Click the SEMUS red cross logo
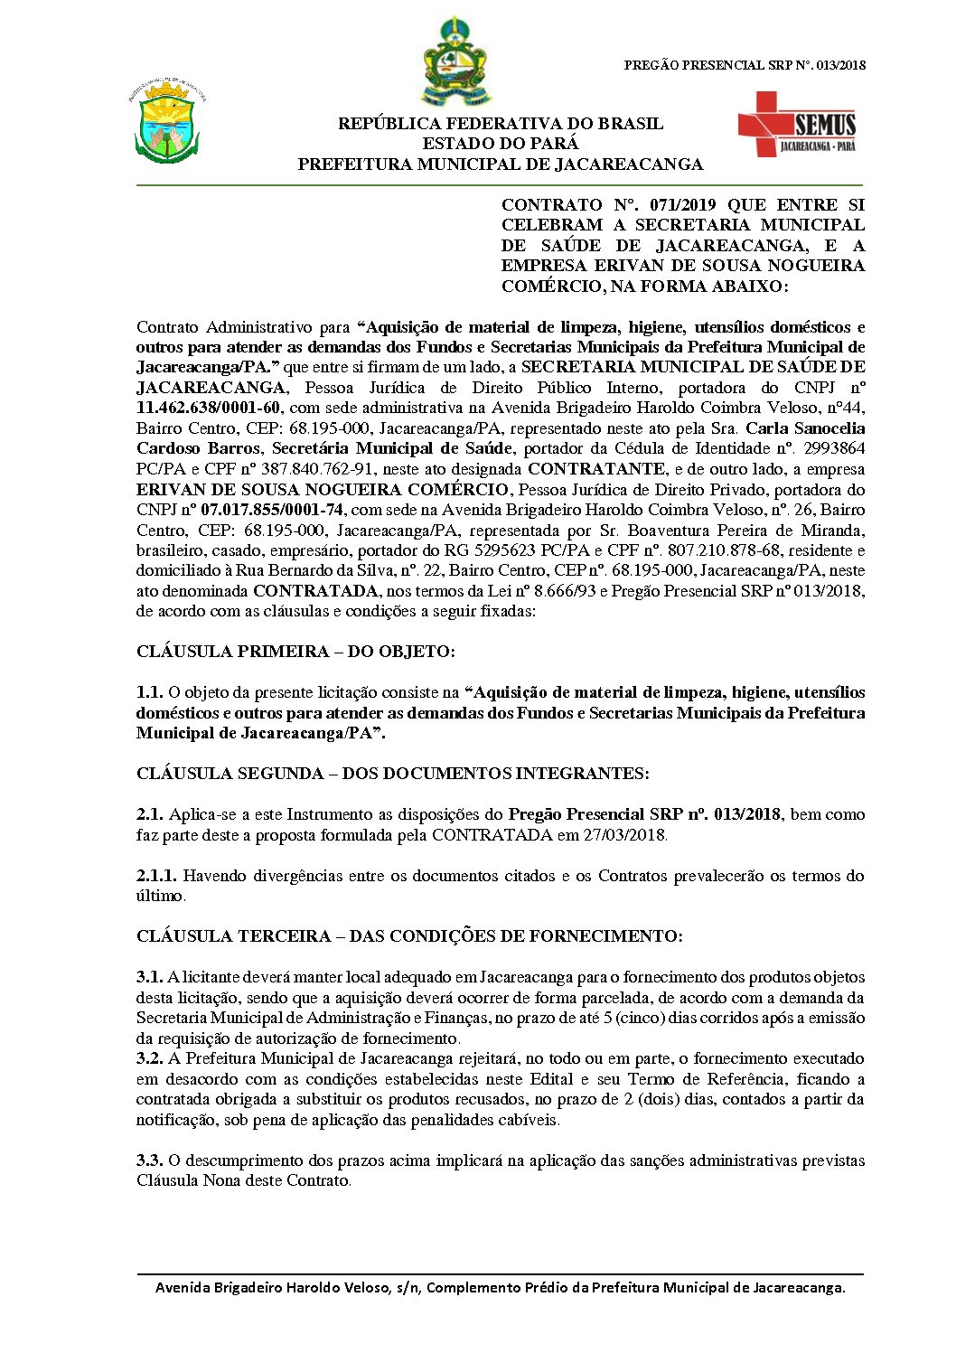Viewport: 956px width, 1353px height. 795,124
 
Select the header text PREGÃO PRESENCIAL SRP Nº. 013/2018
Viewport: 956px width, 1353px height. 745,65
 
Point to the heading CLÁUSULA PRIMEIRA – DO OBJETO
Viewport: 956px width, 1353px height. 295,652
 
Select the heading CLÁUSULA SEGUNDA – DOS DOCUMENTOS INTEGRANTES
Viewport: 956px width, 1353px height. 392,774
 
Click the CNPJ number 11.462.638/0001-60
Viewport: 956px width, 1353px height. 209,408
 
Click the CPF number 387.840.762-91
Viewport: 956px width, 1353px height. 299,469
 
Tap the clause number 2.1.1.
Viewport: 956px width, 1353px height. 157,876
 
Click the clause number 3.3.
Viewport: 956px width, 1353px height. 149,1160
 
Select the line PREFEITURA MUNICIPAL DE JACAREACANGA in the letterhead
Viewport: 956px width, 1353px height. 500,164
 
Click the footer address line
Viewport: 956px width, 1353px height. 500,1287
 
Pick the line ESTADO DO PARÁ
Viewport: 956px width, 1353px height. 500,144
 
